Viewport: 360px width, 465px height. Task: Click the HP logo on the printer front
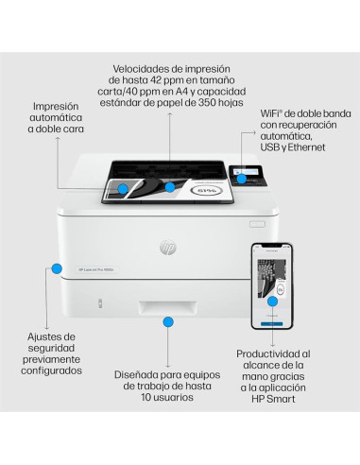pyautogui.click(x=167, y=247)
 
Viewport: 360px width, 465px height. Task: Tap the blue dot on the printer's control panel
pyautogui.click(x=242, y=178)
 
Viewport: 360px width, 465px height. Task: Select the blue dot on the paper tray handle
pyautogui.click(x=168, y=322)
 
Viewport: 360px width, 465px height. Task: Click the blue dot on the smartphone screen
pyautogui.click(x=273, y=301)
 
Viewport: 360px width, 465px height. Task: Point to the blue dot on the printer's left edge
pyautogui.click(x=57, y=268)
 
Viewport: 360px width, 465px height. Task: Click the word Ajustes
pyautogui.click(x=49, y=336)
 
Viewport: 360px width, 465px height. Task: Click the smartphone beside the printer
pyautogui.click(x=270, y=286)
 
